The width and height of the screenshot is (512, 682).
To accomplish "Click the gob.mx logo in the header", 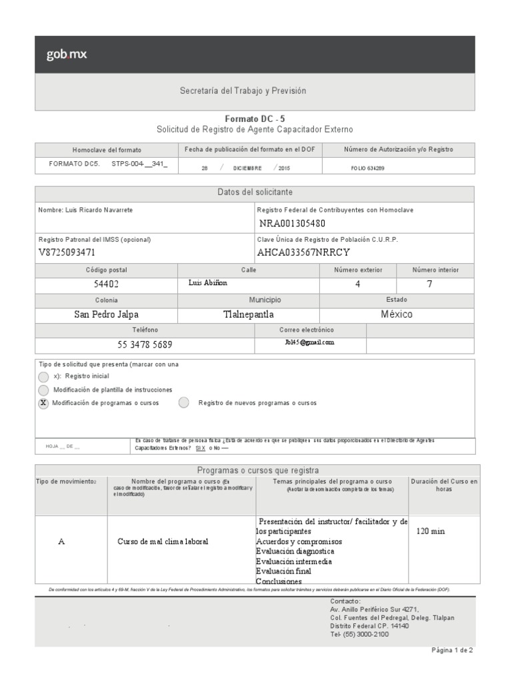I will click(67, 55).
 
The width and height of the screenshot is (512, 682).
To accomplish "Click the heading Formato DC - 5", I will click(255, 119).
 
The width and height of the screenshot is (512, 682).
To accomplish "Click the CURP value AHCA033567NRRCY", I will click(303, 252).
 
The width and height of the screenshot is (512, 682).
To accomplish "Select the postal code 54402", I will click(106, 284).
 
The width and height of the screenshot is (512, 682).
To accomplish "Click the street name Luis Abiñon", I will click(208, 283).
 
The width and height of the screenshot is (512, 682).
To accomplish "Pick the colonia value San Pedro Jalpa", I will click(107, 314).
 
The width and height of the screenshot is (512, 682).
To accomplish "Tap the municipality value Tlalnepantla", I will click(248, 314).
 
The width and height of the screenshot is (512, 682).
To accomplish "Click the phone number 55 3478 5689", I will click(145, 344).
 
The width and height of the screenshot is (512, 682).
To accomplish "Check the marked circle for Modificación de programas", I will click(43, 404).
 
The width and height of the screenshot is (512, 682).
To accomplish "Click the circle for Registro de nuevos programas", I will click(184, 403).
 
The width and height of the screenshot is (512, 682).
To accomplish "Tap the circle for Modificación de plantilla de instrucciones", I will click(43, 390).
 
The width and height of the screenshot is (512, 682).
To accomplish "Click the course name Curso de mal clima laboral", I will click(163, 541).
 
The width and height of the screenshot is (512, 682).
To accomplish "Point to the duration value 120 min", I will click(430, 531).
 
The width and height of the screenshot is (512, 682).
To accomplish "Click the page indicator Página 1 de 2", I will click(451, 651).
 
